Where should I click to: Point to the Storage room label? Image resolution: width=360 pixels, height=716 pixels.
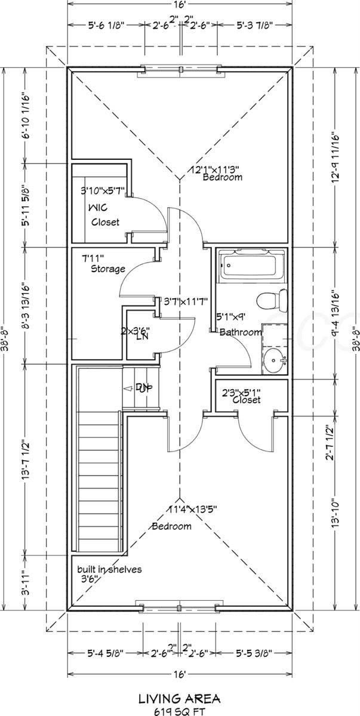108,269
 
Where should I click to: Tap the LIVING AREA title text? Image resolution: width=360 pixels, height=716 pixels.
179,698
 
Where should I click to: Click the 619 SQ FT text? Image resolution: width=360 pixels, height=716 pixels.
179,710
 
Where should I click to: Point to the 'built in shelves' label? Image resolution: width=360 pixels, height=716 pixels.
109,569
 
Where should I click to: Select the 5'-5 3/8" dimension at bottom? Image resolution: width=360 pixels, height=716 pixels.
253,653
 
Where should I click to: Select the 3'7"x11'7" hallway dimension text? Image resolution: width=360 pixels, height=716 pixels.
184,302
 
